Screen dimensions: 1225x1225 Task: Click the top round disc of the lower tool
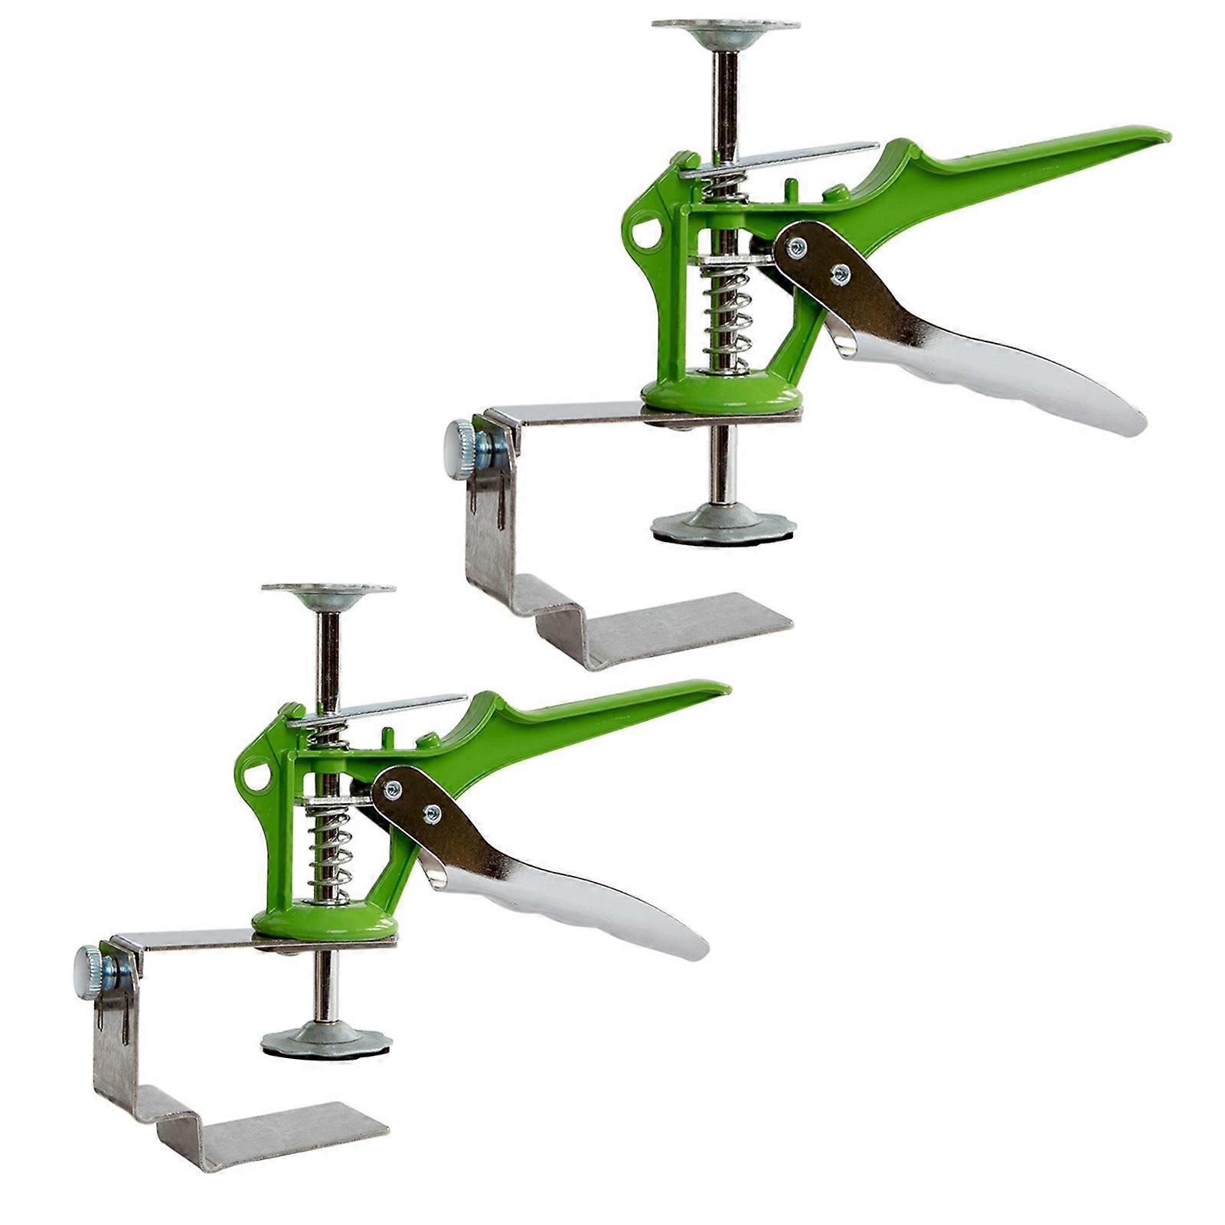(328, 589)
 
